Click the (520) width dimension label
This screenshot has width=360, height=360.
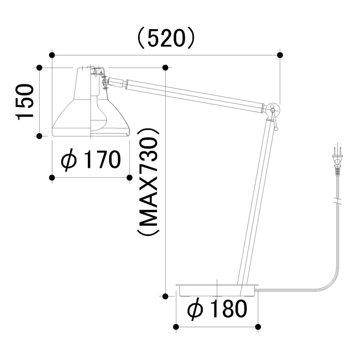[166, 39]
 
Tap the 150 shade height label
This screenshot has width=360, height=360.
[24, 102]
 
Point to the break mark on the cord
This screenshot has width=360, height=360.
[337, 200]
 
